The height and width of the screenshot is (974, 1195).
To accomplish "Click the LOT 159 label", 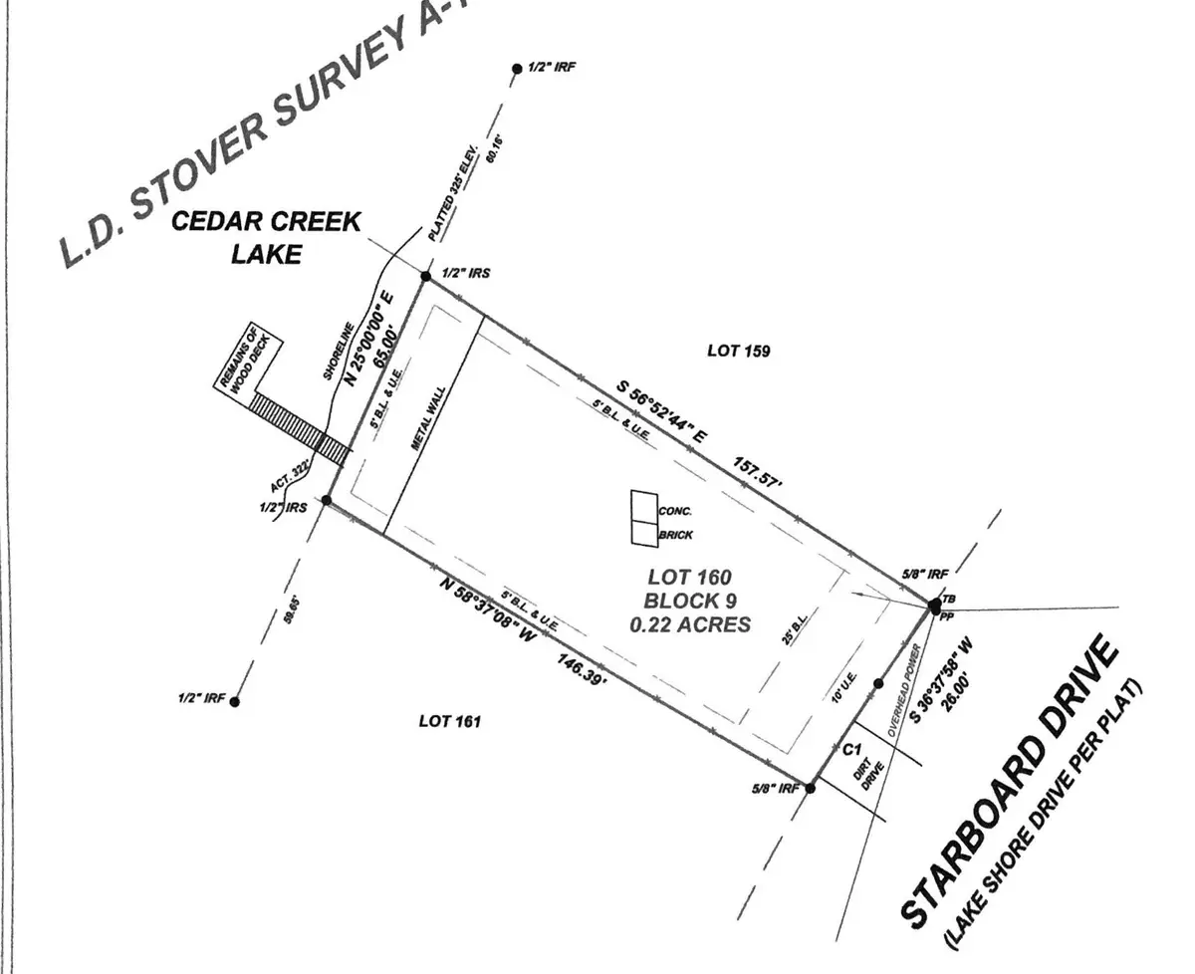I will [738, 351].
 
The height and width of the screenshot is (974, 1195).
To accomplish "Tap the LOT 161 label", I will [449, 721].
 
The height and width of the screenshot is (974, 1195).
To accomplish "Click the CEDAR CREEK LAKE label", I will [266, 236].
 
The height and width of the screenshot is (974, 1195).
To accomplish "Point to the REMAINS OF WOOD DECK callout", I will [250, 365].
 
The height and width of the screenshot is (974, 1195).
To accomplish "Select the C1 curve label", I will [850, 749].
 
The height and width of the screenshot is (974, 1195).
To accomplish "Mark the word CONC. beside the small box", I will [675, 511].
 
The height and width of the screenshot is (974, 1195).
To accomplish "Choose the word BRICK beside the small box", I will [676, 535].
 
